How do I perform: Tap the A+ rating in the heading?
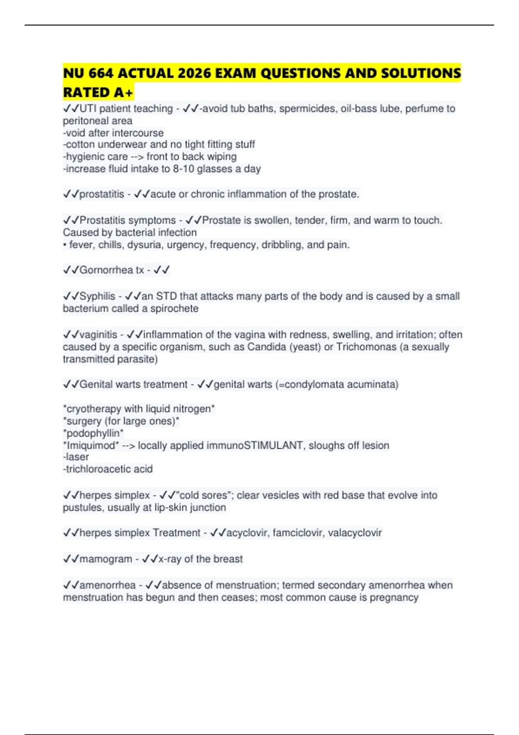(124, 93)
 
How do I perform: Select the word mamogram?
(106, 559)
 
